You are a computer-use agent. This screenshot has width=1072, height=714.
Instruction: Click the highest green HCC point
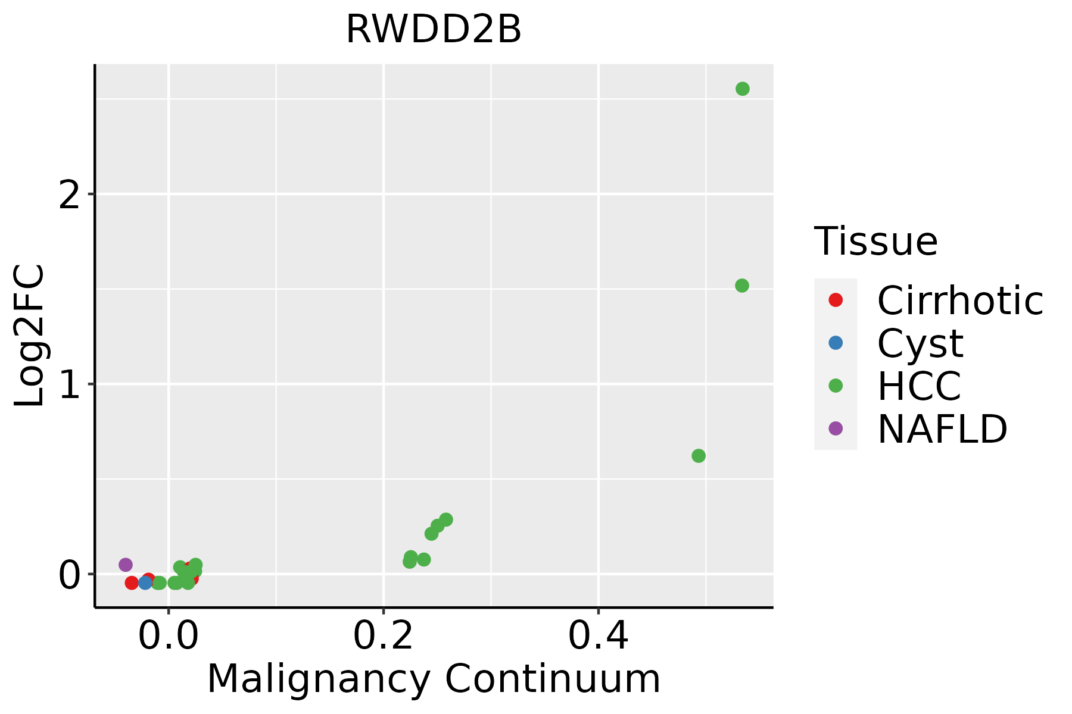pos(742,89)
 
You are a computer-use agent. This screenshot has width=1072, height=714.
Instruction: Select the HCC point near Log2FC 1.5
pos(741,286)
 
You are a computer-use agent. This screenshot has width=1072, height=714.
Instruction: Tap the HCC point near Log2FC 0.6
pos(699,456)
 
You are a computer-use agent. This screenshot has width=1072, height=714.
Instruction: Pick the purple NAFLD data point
pos(126,564)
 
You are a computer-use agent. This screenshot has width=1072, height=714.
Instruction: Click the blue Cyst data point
pos(145,583)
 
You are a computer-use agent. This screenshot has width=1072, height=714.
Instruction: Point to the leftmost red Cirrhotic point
pos(132,583)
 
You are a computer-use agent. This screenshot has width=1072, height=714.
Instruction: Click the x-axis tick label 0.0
pos(169,637)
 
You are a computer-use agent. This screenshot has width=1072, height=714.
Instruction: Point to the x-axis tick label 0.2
pos(384,637)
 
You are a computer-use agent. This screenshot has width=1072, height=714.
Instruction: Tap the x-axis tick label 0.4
pos(598,637)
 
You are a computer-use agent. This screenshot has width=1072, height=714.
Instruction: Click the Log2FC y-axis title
pos(30,336)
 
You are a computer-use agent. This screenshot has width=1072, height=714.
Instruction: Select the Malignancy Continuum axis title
pos(434,679)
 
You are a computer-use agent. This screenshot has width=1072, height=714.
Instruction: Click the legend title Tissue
pos(875,242)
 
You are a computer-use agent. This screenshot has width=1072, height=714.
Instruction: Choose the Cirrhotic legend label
pos(960,300)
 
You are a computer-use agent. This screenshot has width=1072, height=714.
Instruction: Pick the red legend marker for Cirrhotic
pos(836,300)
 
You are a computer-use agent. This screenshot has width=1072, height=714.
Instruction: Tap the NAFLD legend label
pos(942,428)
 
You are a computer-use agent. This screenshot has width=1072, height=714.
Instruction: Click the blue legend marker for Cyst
pos(836,343)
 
